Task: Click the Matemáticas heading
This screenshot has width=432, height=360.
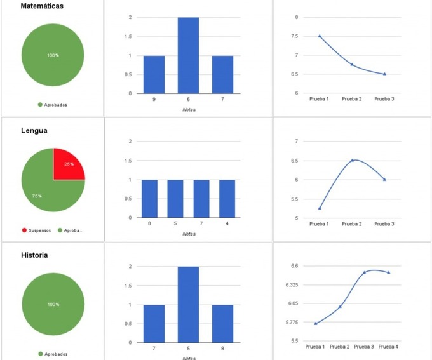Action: pyautogui.click(x=42, y=6)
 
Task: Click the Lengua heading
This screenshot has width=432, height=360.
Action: pyautogui.click(x=34, y=131)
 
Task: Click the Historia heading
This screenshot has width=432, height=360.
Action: pyautogui.click(x=34, y=255)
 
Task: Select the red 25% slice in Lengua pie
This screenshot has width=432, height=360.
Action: pyautogui.click(x=67, y=165)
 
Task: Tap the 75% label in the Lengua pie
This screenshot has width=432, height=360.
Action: pyautogui.click(x=37, y=196)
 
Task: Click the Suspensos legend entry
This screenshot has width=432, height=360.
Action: pyautogui.click(x=36, y=230)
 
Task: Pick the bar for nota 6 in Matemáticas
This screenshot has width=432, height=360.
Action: pyautogui.click(x=188, y=55)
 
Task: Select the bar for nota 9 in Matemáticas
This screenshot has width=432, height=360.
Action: pyautogui.click(x=154, y=75)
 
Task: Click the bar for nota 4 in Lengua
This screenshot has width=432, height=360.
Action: pyautogui.click(x=227, y=199)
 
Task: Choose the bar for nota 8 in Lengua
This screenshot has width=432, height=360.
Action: pyautogui.click(x=149, y=199)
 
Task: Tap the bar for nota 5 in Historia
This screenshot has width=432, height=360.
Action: pyautogui.click(x=188, y=305)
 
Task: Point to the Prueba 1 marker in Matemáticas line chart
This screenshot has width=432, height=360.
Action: pyautogui.click(x=320, y=36)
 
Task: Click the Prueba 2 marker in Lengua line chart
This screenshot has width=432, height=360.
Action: pyautogui.click(x=352, y=160)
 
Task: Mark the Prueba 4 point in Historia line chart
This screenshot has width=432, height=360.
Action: pyautogui.click(x=389, y=272)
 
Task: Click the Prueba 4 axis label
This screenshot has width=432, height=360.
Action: pyautogui.click(x=388, y=347)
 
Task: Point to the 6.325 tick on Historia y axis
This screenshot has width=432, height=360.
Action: pyautogui.click(x=292, y=284)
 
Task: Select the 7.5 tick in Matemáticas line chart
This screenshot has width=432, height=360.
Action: pyautogui.click(x=295, y=36)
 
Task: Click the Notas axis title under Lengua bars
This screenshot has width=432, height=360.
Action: pyautogui.click(x=189, y=234)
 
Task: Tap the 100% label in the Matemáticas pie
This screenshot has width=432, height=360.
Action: pyautogui.click(x=53, y=55)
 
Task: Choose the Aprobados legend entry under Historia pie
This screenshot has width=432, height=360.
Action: pyautogui.click(x=53, y=354)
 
